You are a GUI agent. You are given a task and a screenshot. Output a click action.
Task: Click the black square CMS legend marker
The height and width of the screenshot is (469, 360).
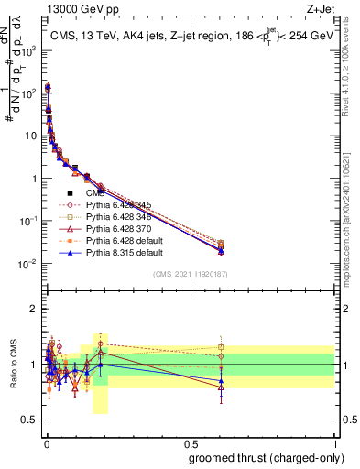[x=70, y=192]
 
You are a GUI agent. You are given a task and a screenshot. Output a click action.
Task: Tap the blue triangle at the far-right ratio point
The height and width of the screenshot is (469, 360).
[x=221, y=380]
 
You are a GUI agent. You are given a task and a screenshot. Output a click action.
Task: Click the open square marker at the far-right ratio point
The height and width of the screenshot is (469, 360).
[x=221, y=347]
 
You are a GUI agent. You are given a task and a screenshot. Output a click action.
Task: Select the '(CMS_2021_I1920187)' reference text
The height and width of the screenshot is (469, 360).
[x=190, y=274]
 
